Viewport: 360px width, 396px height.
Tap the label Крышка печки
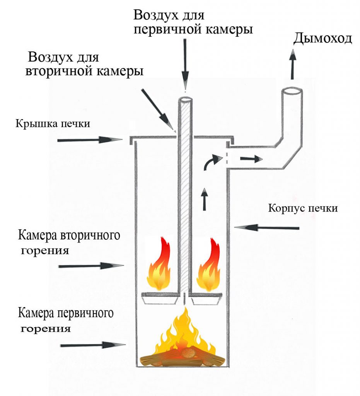point(53,124)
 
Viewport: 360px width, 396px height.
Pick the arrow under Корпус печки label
point(267,227)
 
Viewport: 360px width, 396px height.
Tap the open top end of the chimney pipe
point(292,92)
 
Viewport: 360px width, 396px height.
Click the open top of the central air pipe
point(186,100)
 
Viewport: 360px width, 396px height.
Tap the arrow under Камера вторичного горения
point(90,266)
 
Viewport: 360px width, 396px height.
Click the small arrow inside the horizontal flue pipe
point(250,158)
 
